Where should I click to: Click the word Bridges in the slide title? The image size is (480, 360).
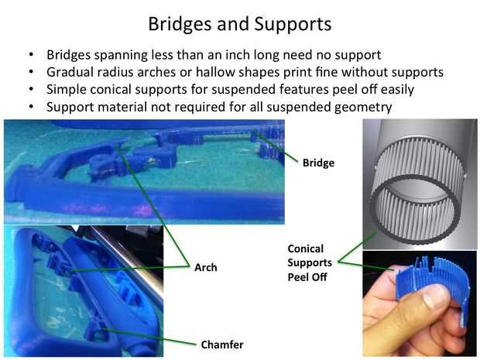(180, 25)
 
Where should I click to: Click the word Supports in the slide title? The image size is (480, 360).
(293, 24)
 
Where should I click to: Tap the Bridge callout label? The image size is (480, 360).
(318, 163)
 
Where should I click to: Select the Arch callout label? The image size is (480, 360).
(206, 267)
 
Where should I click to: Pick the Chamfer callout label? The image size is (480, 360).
(222, 345)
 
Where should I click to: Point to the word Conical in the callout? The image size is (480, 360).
(306, 249)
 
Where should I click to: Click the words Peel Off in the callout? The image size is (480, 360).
(307, 277)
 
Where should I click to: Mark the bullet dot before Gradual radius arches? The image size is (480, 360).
(31, 72)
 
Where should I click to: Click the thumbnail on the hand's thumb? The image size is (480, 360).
(434, 296)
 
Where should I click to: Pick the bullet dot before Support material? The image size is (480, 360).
(31, 107)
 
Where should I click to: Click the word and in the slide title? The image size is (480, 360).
(233, 25)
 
